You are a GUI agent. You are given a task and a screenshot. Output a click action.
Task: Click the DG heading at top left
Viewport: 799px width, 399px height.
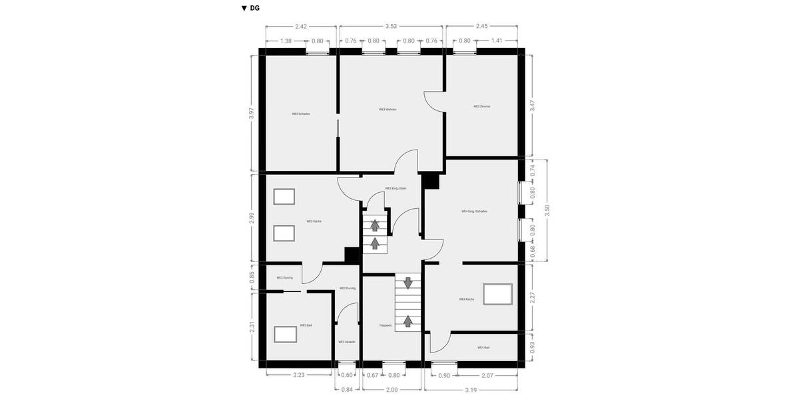point(251,9)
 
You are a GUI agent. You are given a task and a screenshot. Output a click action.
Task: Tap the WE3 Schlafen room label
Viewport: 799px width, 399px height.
point(301,114)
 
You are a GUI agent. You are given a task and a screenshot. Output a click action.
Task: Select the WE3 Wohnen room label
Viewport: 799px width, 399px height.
point(388,109)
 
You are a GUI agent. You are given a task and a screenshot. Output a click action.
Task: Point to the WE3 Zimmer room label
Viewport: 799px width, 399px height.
point(482,106)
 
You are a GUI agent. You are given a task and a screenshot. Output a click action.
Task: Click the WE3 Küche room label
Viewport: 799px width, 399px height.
point(314,221)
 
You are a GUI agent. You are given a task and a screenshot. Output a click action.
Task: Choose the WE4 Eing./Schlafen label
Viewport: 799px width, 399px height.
point(475,211)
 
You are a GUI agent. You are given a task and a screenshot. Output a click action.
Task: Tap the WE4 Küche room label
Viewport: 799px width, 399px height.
point(467,299)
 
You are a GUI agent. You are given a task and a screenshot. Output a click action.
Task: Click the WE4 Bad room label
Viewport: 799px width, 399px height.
point(483,348)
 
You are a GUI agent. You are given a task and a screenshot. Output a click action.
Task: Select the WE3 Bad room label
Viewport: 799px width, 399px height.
point(306,325)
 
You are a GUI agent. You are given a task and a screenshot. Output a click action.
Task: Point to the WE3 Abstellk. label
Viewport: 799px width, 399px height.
point(347,342)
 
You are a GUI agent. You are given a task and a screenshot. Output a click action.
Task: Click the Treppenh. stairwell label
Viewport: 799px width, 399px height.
point(386,325)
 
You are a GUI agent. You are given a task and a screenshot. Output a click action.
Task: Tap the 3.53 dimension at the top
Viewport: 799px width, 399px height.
point(392,27)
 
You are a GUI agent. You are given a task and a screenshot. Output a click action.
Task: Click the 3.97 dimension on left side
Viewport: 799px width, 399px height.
point(252,113)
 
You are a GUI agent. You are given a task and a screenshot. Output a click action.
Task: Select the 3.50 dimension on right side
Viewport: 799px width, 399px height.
point(547,208)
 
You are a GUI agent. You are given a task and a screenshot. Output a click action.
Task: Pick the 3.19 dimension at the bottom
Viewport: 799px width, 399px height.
point(471,390)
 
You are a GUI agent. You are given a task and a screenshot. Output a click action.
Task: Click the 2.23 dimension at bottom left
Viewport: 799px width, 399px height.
point(299,376)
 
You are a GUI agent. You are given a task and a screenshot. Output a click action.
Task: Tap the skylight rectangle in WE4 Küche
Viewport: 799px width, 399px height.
point(497,294)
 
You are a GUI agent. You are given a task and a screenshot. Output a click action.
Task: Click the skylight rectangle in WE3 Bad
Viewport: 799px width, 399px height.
point(286,333)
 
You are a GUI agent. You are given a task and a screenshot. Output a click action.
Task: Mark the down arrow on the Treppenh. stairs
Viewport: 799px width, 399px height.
point(407,283)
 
